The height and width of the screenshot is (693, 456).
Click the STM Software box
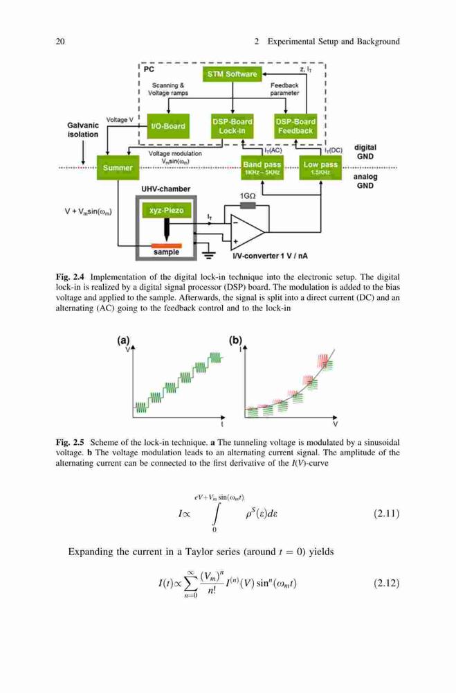pyautogui.click(x=232, y=74)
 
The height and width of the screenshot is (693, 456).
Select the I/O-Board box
pyautogui.click(x=167, y=126)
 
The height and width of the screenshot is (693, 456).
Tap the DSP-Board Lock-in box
pyautogui.click(x=232, y=126)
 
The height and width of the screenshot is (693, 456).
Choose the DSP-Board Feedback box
pyautogui.click(x=295, y=126)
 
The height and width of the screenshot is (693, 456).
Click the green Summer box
pyautogui.click(x=118, y=168)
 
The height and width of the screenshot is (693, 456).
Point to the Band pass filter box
pyautogui.click(x=262, y=168)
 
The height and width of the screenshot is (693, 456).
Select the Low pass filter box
pyautogui.click(x=320, y=168)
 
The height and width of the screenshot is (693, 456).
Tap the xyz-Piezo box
pyautogui.click(x=166, y=211)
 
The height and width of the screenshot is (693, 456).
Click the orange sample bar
pyautogui.click(x=167, y=245)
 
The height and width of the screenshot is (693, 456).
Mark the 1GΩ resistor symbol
pyautogui.click(x=248, y=206)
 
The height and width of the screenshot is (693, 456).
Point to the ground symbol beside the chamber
pyautogui.click(x=208, y=254)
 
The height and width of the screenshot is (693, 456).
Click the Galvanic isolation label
pyautogui.click(x=83, y=130)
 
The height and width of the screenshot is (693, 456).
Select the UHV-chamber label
pyautogui.click(x=165, y=189)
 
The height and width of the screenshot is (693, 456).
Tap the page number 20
pyautogui.click(x=60, y=42)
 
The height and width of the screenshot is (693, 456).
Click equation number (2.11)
pyautogui.click(x=386, y=514)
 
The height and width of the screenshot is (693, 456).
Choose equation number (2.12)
pyautogui.click(x=386, y=583)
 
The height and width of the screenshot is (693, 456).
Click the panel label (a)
pyautogui.click(x=123, y=340)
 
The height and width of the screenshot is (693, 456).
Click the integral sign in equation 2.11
pyautogui.click(x=215, y=514)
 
